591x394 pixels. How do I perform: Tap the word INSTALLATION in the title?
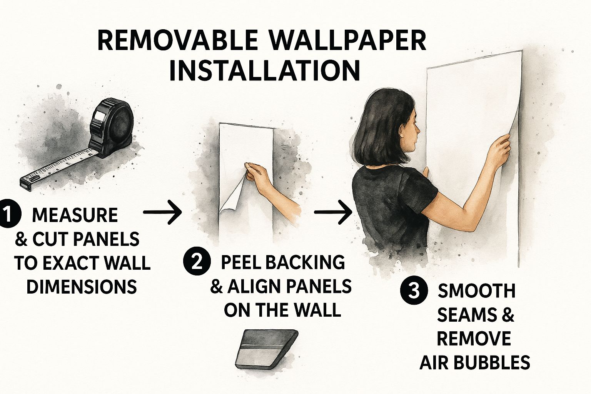pyautogui.click(x=265, y=71)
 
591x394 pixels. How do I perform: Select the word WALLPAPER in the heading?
pyautogui.click(x=348, y=40)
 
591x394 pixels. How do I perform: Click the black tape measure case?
pyautogui.click(x=112, y=128)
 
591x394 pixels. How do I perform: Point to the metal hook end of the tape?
pyautogui.click(x=26, y=184)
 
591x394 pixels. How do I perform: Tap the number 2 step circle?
pyautogui.click(x=197, y=262)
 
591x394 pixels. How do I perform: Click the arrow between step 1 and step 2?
pyautogui.click(x=162, y=212)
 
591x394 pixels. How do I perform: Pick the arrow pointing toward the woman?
pyautogui.click(x=333, y=212)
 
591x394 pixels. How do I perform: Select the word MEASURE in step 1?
pyautogui.click(x=75, y=215)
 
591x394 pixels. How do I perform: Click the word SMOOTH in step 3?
pyautogui.click(x=477, y=291)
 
